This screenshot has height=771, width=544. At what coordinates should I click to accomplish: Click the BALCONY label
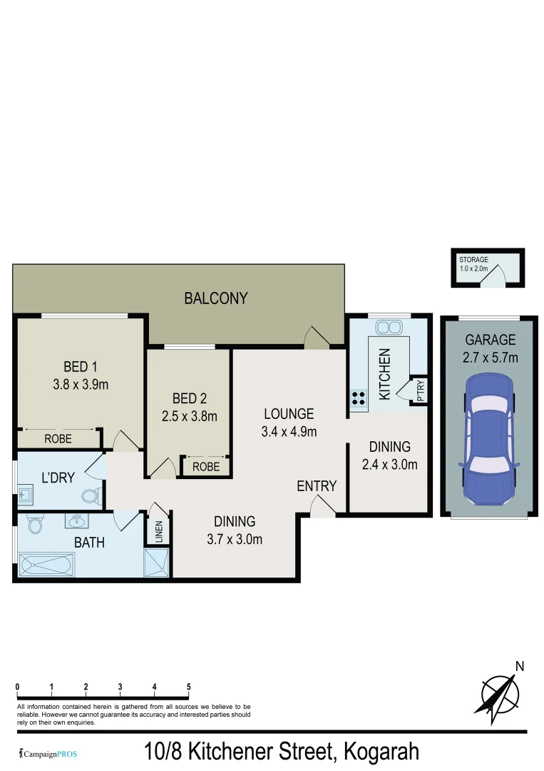pos(216,298)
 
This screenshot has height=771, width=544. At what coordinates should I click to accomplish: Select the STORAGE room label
pos(473,260)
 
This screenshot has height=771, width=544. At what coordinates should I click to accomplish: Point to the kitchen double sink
pos(389,327)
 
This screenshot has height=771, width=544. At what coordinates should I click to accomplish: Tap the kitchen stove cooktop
pos(358,400)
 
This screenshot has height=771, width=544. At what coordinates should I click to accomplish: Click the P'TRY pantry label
pos(421,390)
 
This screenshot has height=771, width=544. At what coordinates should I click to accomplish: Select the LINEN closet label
pos(159,532)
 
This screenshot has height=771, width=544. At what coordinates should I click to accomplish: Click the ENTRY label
pos(317,486)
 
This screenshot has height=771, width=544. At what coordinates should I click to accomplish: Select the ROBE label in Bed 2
pos(206,467)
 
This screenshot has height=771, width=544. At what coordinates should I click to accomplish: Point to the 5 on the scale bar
pos(189,687)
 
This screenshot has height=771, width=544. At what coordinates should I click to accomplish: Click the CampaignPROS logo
pos(48,753)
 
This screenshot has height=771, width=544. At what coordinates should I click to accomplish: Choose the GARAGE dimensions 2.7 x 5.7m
pos(490,358)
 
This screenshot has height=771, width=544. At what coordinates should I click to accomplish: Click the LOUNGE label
pos(289,414)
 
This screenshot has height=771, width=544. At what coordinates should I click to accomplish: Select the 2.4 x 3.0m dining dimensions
pos(389,464)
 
